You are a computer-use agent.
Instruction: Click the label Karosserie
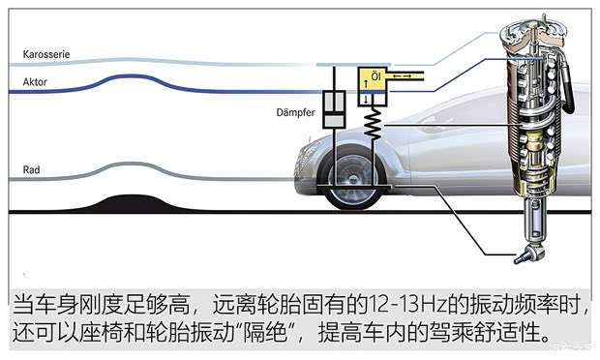pyautogui.click(x=46, y=54)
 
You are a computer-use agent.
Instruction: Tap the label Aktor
pyautogui.click(x=35, y=82)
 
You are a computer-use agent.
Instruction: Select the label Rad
pyautogui.click(x=32, y=169)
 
